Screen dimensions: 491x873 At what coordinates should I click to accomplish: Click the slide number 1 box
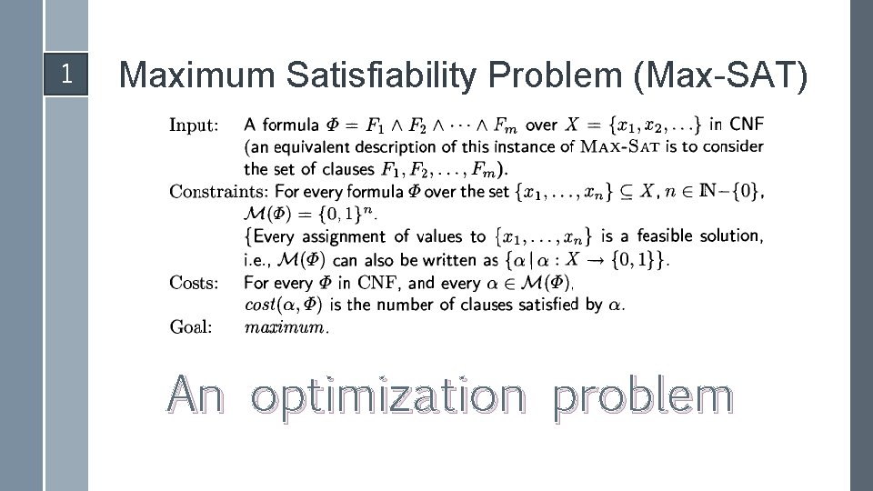(x=65, y=74)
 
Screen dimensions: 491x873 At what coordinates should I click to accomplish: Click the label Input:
(x=194, y=125)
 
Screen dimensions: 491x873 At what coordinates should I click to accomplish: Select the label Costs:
(x=194, y=282)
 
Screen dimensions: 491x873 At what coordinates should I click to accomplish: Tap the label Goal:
(x=191, y=327)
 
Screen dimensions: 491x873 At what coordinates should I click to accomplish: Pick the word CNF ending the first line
(x=748, y=125)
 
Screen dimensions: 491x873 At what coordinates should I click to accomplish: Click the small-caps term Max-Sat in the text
(x=620, y=146)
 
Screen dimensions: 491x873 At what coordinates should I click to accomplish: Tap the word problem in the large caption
(x=642, y=397)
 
